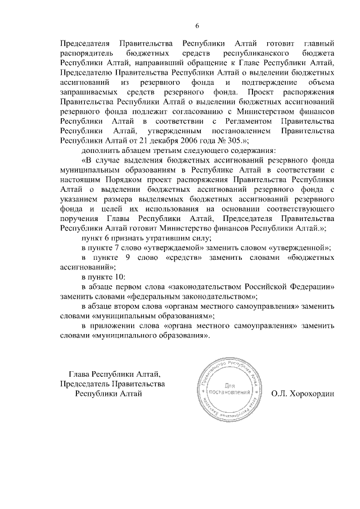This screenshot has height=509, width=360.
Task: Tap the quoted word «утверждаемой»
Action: coord(161,248)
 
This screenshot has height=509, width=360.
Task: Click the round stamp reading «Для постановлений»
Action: coord(228,389)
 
